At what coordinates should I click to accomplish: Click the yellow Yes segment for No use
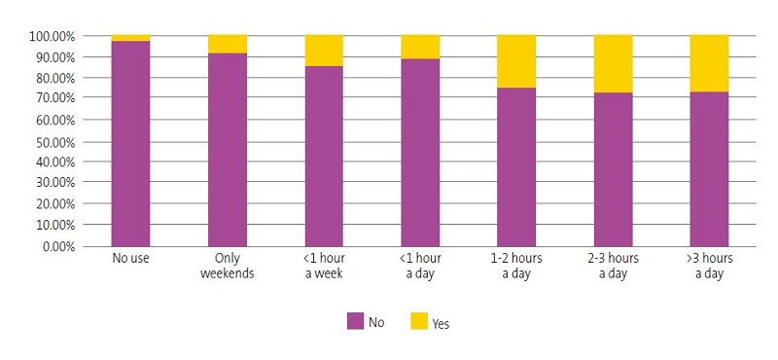pyautogui.click(x=130, y=38)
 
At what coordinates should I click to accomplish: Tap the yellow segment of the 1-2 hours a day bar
pyautogui.click(x=516, y=61)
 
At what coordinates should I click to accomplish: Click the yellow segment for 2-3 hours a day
pyautogui.click(x=613, y=63)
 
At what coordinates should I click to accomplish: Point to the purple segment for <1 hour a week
pyautogui.click(x=324, y=156)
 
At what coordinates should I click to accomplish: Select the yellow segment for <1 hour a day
pyautogui.click(x=420, y=47)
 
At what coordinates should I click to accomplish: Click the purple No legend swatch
pyautogui.click(x=356, y=322)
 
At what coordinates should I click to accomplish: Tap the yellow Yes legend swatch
pyautogui.click(x=419, y=322)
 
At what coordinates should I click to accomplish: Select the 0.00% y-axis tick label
pyautogui.click(x=57, y=246)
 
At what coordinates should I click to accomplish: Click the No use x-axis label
pyautogui.click(x=130, y=259)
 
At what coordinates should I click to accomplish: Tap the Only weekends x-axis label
pyautogui.click(x=227, y=266)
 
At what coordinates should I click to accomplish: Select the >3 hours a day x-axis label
pyautogui.click(x=709, y=266)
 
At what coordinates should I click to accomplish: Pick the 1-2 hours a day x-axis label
pyautogui.click(x=516, y=266)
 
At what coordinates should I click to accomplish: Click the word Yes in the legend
pyautogui.click(x=441, y=323)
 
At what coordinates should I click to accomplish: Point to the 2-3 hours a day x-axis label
pyautogui.click(x=613, y=266)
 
